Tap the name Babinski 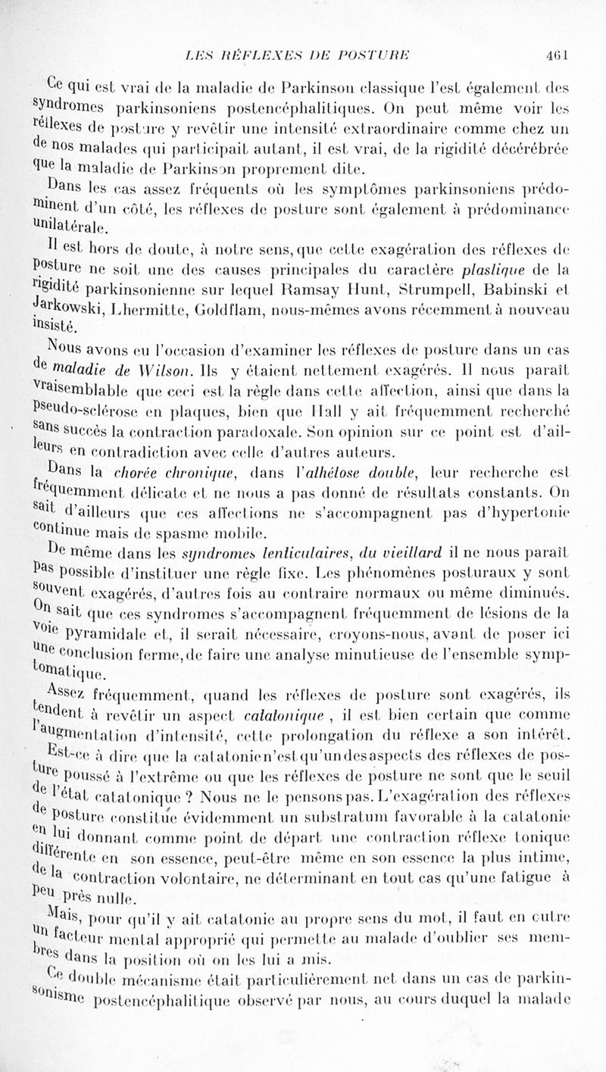[x=529, y=285]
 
